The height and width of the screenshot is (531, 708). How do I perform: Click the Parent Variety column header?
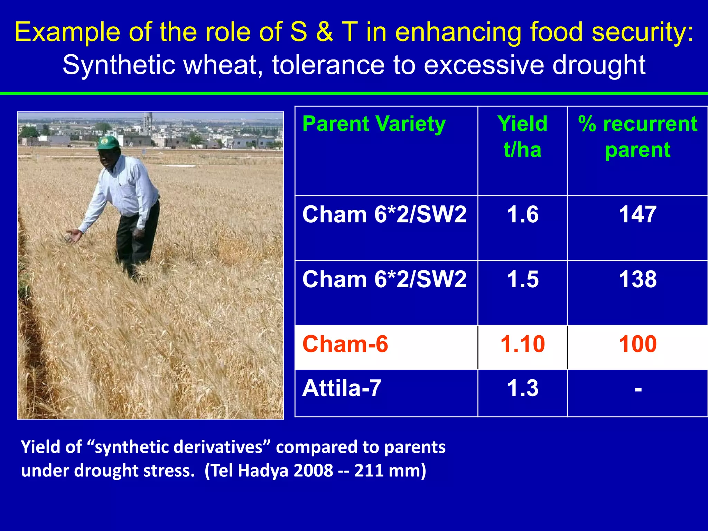click(374, 124)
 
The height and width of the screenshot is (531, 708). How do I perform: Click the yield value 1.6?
click(523, 214)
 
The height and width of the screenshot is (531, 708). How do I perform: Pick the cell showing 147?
click(637, 214)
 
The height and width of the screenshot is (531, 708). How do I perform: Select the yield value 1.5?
click(523, 279)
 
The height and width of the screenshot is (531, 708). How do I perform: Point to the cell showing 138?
click(637, 279)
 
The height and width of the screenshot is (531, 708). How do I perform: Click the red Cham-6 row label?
click(345, 344)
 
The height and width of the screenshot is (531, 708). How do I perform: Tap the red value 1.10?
click(523, 344)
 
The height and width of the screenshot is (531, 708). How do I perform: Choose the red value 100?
click(637, 344)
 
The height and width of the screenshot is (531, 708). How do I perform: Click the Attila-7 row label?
click(342, 388)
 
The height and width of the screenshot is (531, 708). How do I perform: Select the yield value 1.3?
click(523, 388)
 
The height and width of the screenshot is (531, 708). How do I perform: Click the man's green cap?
click(108, 142)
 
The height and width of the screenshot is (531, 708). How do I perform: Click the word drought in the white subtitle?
click(598, 65)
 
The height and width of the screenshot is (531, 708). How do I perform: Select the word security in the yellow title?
click(642, 32)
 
